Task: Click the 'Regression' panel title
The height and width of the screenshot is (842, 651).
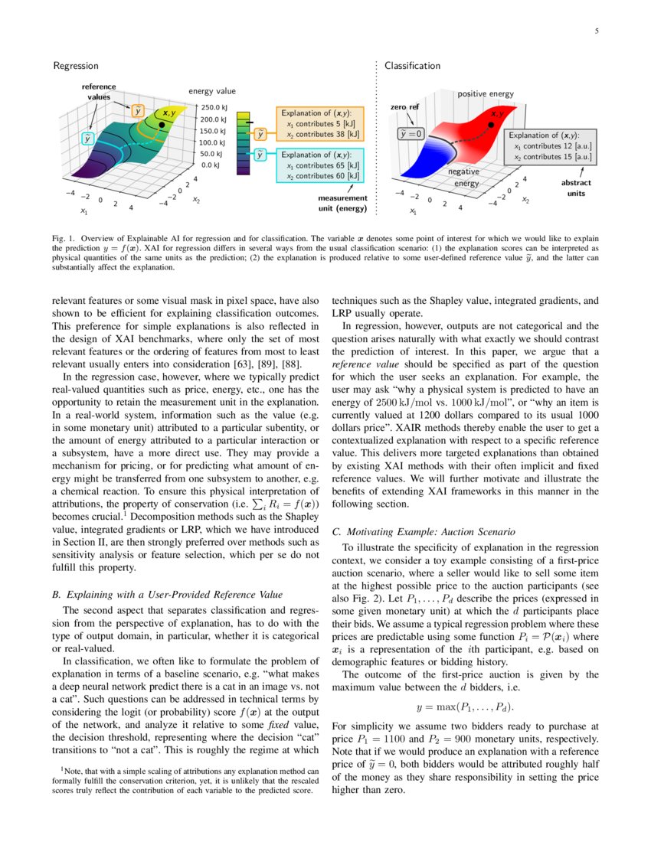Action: (x=75, y=67)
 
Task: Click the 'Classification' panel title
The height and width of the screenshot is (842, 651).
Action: (x=412, y=67)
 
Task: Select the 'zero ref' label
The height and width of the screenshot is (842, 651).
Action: (x=404, y=107)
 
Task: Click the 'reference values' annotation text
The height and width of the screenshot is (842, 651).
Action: (x=99, y=92)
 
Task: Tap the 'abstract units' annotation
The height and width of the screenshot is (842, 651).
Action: (x=575, y=188)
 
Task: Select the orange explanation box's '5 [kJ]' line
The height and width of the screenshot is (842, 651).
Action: (x=320, y=123)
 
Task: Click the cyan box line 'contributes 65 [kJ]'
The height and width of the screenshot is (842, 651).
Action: (x=322, y=165)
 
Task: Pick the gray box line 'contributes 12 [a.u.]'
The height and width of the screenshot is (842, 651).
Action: (x=554, y=145)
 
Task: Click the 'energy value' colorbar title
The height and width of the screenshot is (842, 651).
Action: (x=211, y=92)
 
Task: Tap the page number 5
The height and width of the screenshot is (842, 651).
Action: (x=596, y=31)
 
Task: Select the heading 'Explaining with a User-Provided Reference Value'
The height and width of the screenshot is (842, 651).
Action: (x=167, y=594)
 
